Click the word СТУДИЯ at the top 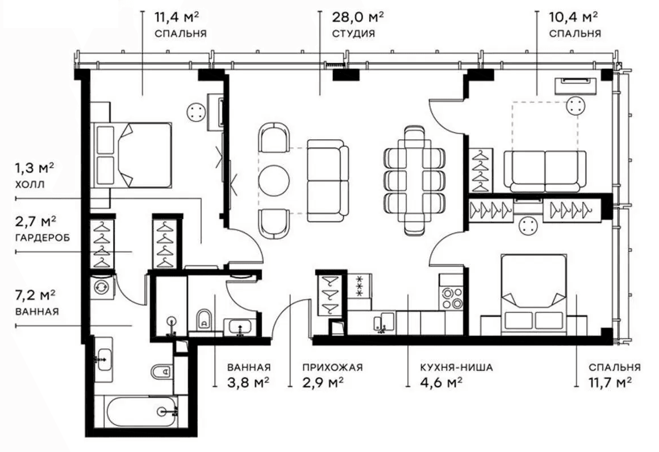[353, 34]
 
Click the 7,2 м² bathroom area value [35, 295]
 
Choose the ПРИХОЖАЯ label [325, 367]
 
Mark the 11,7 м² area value [611, 383]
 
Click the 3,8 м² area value [248, 383]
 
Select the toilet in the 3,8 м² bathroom [203, 320]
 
